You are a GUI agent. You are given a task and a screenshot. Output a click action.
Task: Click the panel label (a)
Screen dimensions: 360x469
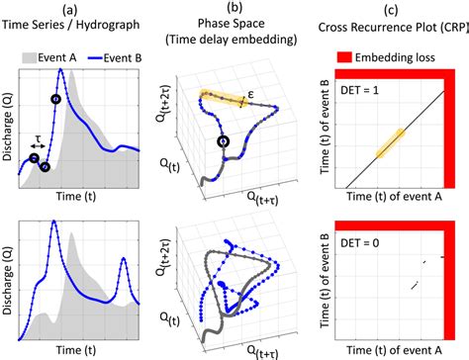(x=70, y=10)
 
